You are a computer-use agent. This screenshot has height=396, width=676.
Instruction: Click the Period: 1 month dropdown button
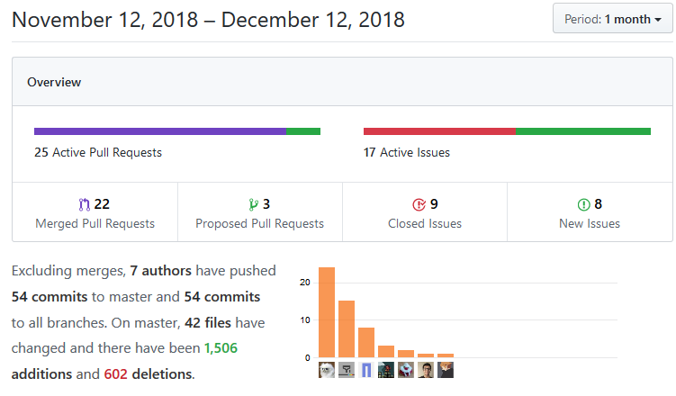(613, 19)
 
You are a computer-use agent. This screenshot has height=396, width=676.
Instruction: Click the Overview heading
(54, 82)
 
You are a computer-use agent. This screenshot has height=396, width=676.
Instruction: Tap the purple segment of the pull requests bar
(159, 131)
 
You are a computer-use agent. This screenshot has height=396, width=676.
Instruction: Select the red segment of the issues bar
(439, 131)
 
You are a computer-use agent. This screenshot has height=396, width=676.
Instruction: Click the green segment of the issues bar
(583, 131)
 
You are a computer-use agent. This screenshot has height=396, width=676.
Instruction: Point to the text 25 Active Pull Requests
(98, 152)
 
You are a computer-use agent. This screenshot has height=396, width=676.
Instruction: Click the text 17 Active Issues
(407, 152)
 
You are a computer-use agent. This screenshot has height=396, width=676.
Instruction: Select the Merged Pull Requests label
(95, 223)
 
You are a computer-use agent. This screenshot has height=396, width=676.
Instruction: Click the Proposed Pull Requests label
(260, 223)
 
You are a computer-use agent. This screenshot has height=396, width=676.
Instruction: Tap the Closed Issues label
(425, 223)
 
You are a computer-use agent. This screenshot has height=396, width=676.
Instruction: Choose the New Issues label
(590, 223)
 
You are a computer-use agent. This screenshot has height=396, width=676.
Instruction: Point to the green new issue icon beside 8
(583, 204)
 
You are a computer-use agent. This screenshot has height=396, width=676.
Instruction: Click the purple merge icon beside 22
(86, 204)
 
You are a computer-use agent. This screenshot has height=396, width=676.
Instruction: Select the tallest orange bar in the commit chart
(327, 312)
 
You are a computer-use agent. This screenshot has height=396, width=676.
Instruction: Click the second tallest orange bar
(347, 328)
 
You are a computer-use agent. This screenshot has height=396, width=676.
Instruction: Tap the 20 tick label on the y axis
(304, 283)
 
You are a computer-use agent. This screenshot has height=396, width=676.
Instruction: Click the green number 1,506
(221, 347)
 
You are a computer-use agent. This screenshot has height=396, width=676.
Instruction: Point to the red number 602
(116, 373)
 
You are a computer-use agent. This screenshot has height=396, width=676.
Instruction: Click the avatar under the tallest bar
(327, 369)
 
